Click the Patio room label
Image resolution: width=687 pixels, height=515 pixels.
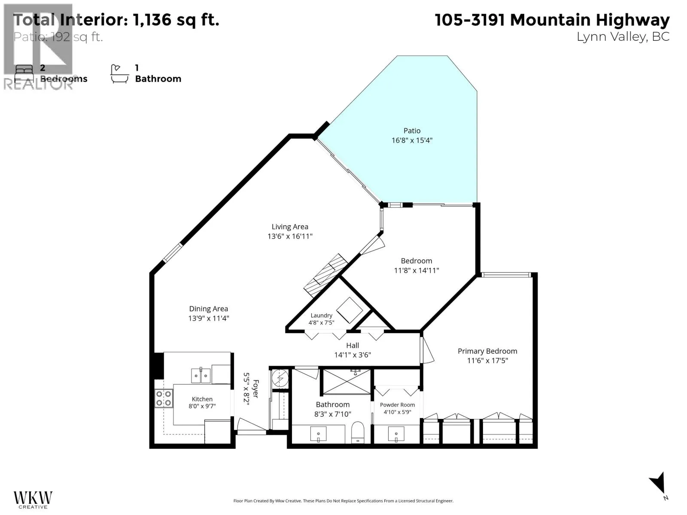412,131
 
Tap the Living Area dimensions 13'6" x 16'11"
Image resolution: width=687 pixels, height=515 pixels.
290,236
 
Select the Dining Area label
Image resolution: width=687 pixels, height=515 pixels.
208,309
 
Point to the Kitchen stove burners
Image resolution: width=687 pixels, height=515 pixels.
164,398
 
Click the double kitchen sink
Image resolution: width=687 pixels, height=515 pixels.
201,376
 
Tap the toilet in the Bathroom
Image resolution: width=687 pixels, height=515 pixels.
357,433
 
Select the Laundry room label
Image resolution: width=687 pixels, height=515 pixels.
322,315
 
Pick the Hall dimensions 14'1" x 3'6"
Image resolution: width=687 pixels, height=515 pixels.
353,355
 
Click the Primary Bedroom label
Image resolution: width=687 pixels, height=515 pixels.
487,351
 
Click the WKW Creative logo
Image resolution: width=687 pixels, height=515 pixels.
33,500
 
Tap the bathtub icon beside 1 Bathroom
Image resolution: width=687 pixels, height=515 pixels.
119,74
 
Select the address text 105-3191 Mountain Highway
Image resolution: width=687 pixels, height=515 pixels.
552,20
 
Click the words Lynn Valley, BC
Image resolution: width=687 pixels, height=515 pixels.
623,37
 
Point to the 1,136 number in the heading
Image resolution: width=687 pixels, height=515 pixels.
152,20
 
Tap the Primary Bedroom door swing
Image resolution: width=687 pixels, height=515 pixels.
427,350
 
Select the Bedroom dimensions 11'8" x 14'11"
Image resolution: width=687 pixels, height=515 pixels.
416,270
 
